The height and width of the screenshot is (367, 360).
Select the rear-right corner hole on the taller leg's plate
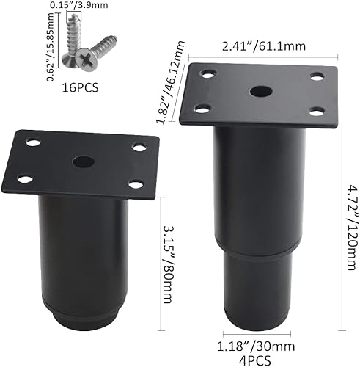(x=317, y=76)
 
